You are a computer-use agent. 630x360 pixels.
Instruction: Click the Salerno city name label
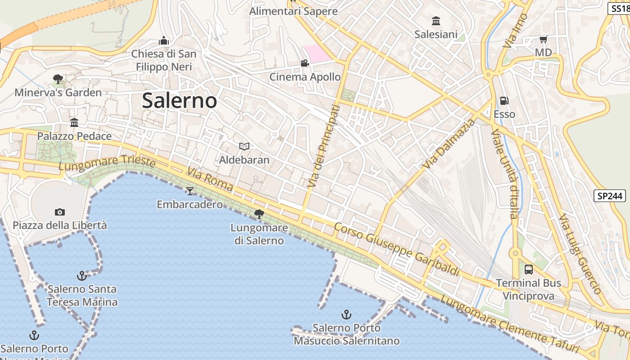pos(180,100)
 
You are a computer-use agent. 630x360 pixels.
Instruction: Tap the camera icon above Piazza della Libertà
pos(59,212)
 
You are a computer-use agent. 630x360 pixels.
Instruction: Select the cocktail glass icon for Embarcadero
pos(190,191)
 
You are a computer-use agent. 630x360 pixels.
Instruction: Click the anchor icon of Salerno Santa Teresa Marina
pos(82,275)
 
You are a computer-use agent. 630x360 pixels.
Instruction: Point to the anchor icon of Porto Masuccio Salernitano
pos(346,314)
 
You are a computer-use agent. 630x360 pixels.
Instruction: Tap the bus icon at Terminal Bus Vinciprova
pos(529,270)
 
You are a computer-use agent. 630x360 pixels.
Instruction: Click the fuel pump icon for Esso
pos(504,101)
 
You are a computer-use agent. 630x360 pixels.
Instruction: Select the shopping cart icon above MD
pos(543,40)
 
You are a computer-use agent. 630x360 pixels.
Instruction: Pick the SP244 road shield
pos(610,196)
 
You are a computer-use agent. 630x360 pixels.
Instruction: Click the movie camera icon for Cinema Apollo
pos(305,63)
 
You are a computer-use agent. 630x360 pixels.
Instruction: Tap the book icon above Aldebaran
pos(244,146)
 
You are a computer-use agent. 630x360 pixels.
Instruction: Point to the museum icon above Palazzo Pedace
pos(74,122)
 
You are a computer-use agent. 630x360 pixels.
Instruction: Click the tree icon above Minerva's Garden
pos(58,80)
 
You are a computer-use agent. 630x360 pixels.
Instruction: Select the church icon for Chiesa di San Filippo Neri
pos(164,41)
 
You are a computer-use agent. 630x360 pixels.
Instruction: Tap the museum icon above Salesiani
pos(436,21)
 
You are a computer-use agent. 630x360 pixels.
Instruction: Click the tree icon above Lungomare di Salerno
pos(259,214)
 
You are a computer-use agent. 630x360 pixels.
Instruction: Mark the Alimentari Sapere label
pos(293,11)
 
